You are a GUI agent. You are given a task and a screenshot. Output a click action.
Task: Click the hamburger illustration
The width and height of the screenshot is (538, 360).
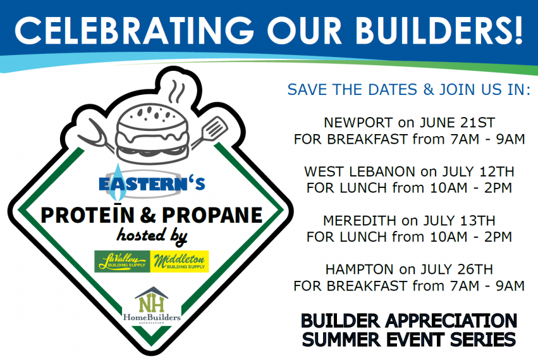152,135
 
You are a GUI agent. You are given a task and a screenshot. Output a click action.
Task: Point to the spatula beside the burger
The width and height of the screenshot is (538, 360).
209,132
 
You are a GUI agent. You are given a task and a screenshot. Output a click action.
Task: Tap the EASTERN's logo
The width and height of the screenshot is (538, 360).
152,182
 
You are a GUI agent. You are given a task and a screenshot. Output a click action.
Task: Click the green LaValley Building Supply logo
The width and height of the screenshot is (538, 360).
122,261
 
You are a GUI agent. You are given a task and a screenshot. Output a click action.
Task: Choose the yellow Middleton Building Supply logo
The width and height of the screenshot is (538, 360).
180,261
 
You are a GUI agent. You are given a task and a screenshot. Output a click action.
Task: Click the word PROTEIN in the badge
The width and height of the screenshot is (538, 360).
87,214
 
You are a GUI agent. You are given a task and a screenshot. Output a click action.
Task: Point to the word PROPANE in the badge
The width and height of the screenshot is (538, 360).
212,215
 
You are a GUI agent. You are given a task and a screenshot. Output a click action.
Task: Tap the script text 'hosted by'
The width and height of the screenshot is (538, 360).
152,237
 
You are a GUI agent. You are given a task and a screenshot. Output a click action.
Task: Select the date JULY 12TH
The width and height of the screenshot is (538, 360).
478,171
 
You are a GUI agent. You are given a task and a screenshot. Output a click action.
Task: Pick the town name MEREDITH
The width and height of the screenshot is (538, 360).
360,220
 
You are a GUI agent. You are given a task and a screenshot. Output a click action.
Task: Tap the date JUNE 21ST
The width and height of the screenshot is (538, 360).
457,123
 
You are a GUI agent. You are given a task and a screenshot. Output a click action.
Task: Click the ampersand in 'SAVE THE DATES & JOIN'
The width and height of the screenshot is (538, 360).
428,90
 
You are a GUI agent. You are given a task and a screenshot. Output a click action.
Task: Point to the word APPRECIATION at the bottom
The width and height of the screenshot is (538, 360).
451,321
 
